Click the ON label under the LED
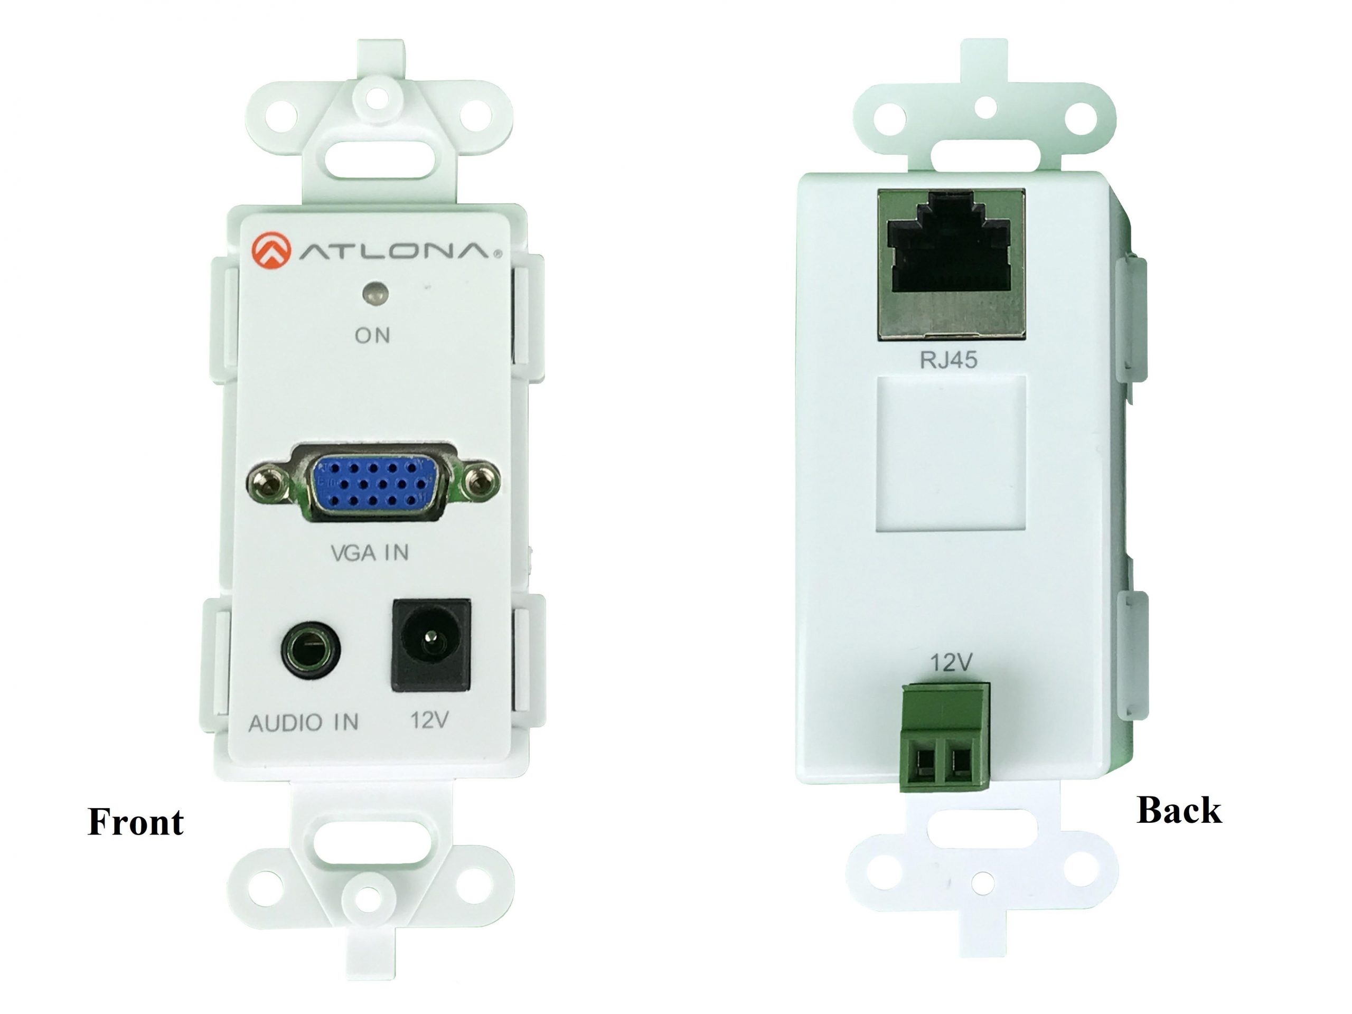[x=372, y=335]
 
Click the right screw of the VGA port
[x=482, y=483]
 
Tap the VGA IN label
[x=370, y=552]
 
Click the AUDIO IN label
[x=303, y=722]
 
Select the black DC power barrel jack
[x=431, y=645]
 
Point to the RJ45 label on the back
[x=949, y=360]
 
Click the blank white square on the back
[x=951, y=453]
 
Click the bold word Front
[x=136, y=822]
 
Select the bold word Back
[x=1179, y=810]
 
